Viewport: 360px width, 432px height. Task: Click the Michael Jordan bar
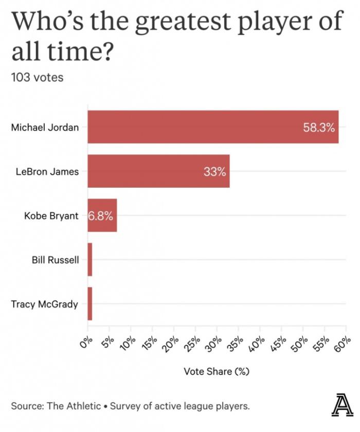[x=213, y=127]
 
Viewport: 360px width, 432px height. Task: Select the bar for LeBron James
[x=158, y=171]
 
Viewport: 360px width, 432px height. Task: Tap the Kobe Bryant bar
[x=102, y=215]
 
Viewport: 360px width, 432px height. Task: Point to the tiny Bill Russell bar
[x=90, y=259]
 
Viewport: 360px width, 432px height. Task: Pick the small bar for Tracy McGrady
[x=90, y=303]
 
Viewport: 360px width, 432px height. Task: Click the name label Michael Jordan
[x=45, y=127]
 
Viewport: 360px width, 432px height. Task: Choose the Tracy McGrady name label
[x=45, y=304]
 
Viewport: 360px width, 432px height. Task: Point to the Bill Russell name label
[x=56, y=260]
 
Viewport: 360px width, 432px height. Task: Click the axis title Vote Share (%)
[x=217, y=371]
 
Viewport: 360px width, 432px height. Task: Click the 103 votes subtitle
[x=37, y=78]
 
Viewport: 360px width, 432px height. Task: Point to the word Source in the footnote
[x=26, y=406]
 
